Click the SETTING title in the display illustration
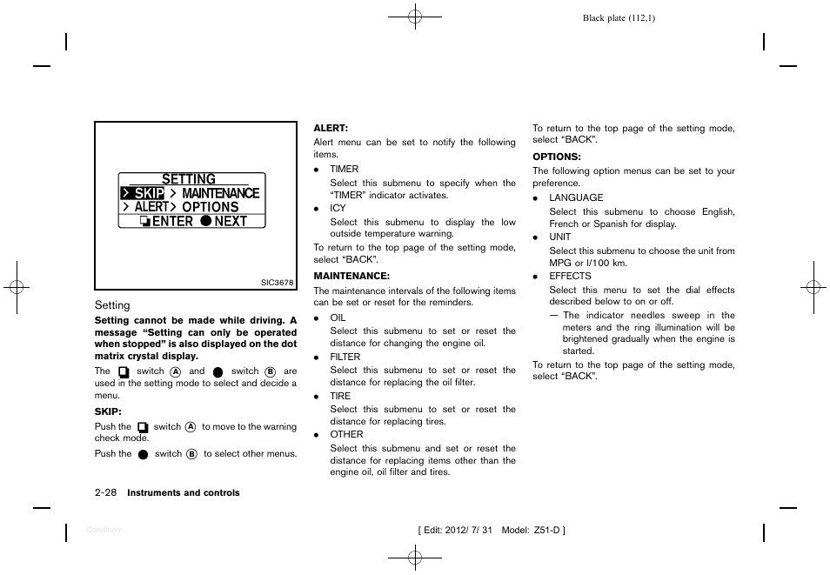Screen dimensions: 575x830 coord(189,179)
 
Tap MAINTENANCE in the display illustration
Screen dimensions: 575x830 coord(220,193)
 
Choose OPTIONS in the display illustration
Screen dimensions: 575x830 coord(210,207)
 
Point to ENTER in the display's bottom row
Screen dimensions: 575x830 coord(172,221)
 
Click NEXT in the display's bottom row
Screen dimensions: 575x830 coord(231,221)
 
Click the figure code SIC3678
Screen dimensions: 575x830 coord(278,283)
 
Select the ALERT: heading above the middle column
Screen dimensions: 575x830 coord(331,128)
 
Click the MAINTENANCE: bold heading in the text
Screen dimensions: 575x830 coord(351,276)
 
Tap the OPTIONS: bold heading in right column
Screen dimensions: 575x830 coord(556,157)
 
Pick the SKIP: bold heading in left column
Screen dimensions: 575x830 coord(108,411)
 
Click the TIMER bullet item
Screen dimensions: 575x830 coord(344,170)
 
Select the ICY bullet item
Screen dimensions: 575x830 coord(338,209)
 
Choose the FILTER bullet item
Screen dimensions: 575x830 coord(345,357)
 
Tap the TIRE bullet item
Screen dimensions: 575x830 coord(340,396)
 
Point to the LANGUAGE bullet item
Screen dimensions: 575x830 coord(575,198)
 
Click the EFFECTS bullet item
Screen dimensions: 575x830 coord(570,277)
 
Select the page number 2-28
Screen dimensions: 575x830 coord(106,492)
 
